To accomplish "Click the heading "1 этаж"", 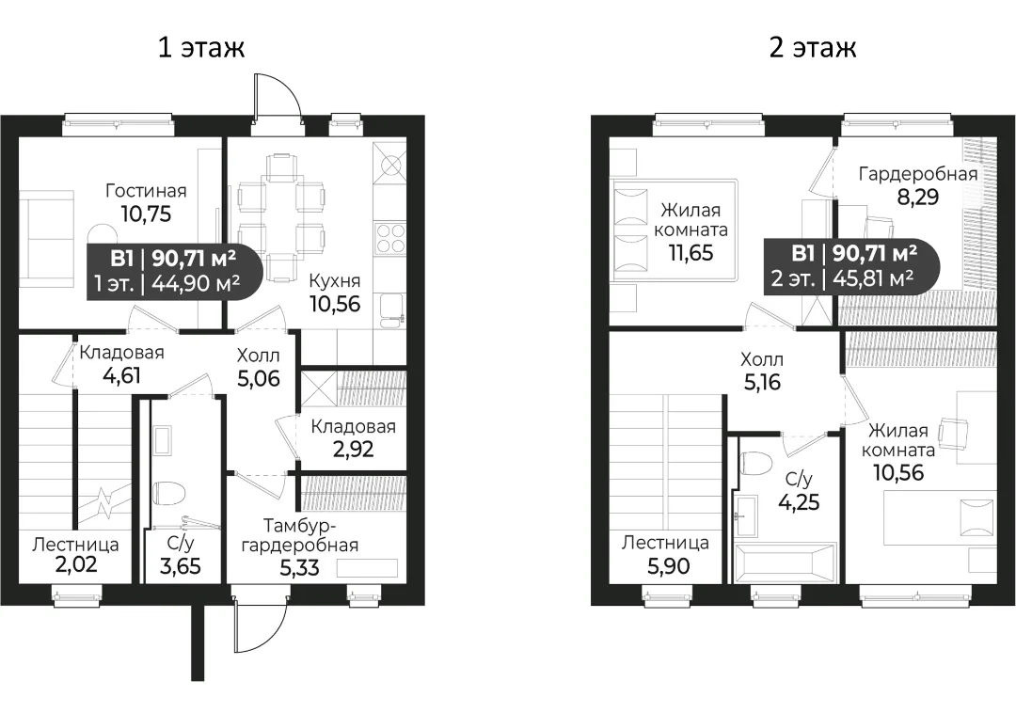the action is click(x=201, y=47).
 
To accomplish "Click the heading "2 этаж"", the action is click(x=813, y=47).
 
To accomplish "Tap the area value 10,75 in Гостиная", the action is click(x=147, y=214).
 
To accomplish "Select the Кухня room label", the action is click(x=334, y=281).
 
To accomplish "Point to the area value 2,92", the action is click(x=353, y=449).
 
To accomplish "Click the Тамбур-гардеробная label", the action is click(x=300, y=535).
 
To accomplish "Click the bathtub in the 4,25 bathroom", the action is click(x=784, y=563).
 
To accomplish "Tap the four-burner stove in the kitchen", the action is click(x=390, y=238).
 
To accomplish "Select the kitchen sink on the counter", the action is click(x=390, y=311).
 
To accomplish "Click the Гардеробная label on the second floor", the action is click(x=918, y=174).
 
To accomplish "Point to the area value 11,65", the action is click(x=691, y=253).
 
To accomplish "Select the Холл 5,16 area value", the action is click(x=762, y=382).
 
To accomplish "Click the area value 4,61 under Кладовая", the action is click(x=121, y=375).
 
